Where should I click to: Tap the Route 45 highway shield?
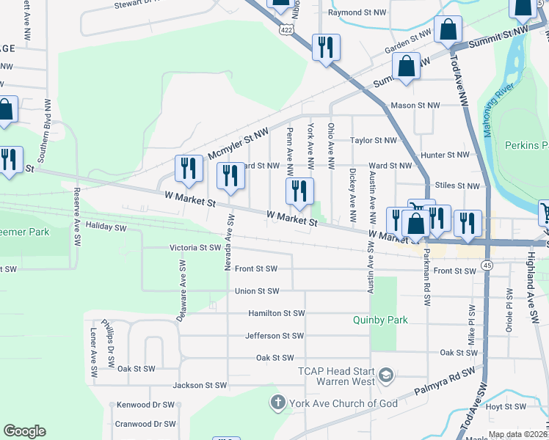(486, 264)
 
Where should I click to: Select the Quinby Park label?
(379, 320)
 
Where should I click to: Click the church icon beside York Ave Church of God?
(277, 403)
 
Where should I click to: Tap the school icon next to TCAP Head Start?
(386, 377)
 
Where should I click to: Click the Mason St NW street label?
(415, 105)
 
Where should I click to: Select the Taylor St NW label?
(373, 140)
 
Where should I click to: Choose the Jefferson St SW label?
(274, 336)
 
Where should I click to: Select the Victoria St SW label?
(195, 248)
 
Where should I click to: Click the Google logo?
(24, 430)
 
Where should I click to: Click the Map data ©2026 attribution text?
(518, 435)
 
